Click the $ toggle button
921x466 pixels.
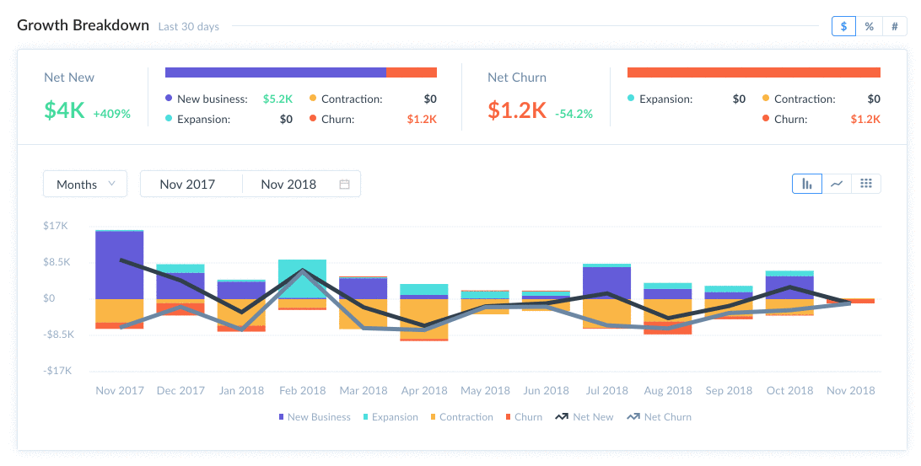tap(844, 26)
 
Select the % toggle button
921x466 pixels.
tap(869, 26)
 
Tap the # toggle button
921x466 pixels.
tap(894, 26)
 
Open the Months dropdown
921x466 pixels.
tap(85, 184)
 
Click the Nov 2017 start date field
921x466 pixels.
tap(187, 184)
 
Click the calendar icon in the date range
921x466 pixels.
tap(344, 184)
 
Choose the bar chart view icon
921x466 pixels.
tap(807, 184)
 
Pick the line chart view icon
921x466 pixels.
tap(837, 184)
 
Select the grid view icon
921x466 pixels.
tap(866, 184)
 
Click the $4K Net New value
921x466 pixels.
tap(64, 110)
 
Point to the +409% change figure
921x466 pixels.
tap(111, 113)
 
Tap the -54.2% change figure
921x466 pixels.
tap(574, 113)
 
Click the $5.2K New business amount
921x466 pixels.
tap(278, 99)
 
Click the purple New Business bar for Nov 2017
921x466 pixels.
tap(119, 265)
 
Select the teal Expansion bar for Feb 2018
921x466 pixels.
tap(302, 277)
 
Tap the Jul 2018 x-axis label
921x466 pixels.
tap(606, 390)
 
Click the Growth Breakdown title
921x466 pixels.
tap(83, 25)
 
